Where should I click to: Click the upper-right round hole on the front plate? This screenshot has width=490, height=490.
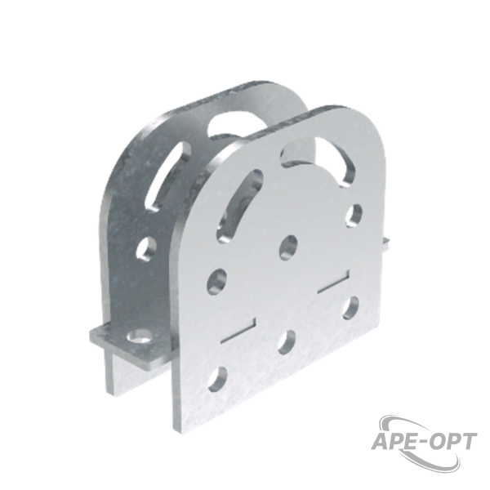pos(354,216)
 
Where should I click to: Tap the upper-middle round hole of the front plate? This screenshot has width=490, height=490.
pos(288,247)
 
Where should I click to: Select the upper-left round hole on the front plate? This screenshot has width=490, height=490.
pos(217,280)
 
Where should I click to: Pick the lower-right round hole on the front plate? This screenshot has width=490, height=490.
pos(350,308)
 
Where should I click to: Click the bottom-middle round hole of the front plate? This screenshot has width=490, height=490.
pos(287,342)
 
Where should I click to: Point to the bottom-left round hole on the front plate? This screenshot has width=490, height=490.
pos(217,379)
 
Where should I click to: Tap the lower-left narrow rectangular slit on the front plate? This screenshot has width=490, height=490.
pos(238,330)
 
